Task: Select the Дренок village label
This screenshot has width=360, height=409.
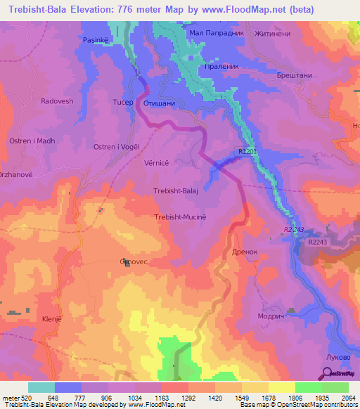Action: pos(245,251)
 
